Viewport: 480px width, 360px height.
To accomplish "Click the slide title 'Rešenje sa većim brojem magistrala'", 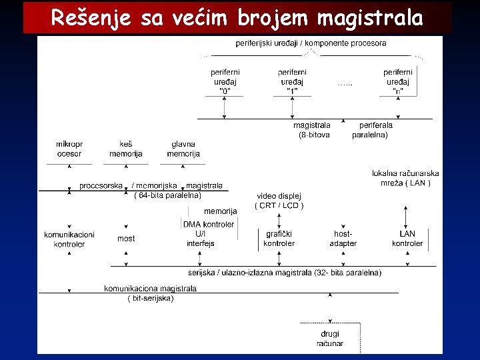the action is pyautogui.click(x=237, y=18).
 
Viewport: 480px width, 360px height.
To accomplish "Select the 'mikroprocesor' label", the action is pyautogui.click(x=69, y=149).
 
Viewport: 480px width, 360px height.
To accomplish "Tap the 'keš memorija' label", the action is pyautogui.click(x=126, y=149).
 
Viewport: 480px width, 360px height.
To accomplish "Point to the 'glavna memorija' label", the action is pyautogui.click(x=183, y=149).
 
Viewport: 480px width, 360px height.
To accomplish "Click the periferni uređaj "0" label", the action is pyautogui.click(x=225, y=81).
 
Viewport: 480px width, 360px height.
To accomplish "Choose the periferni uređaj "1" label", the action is pyautogui.click(x=293, y=81).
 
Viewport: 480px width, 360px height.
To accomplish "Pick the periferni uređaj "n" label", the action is pyautogui.click(x=398, y=81).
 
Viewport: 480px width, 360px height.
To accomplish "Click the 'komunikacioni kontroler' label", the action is pyautogui.click(x=69, y=239).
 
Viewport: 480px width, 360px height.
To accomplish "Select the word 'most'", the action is pyautogui.click(x=126, y=238).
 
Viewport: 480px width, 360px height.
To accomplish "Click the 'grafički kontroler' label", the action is pyautogui.click(x=279, y=239).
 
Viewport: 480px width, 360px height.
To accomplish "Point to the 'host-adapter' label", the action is pyautogui.click(x=343, y=239).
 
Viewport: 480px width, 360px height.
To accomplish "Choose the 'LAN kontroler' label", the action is pyautogui.click(x=407, y=239).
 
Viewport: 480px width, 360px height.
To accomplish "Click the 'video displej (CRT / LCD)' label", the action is pyautogui.click(x=279, y=201).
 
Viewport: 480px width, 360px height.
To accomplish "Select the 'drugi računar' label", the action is pyautogui.click(x=330, y=339).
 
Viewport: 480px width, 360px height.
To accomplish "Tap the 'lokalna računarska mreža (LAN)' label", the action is pyautogui.click(x=405, y=178).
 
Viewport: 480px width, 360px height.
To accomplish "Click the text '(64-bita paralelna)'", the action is pyautogui.click(x=167, y=195).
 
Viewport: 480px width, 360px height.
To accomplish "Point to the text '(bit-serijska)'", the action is pyautogui.click(x=151, y=299).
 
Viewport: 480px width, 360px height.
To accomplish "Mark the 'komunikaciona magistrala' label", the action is pyautogui.click(x=150, y=289).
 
